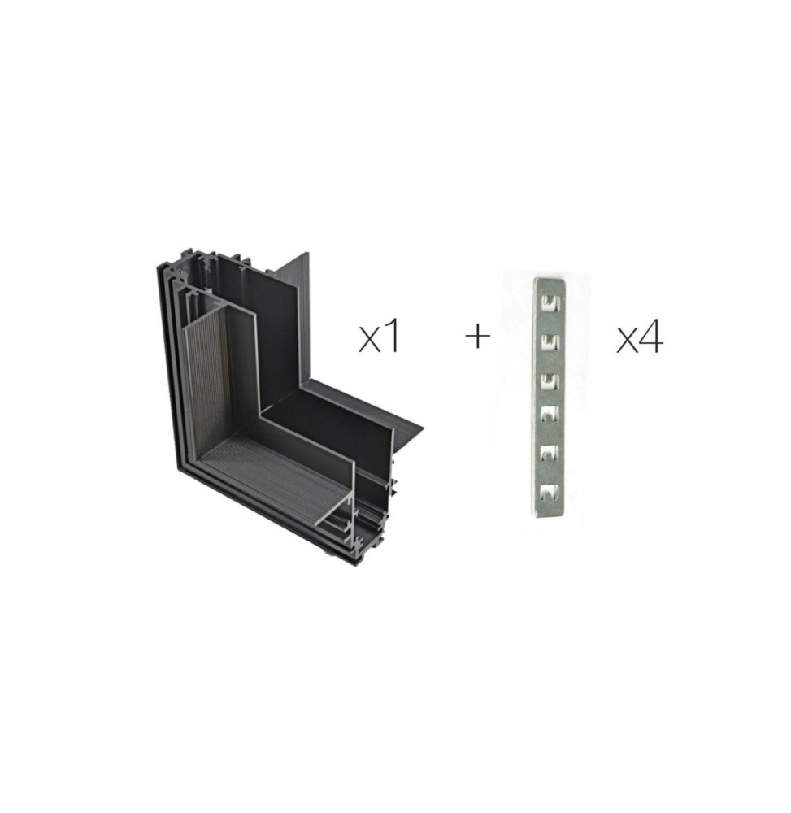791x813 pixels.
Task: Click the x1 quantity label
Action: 380,337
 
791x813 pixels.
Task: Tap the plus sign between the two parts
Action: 477,337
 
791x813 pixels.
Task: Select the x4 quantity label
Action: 640,337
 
